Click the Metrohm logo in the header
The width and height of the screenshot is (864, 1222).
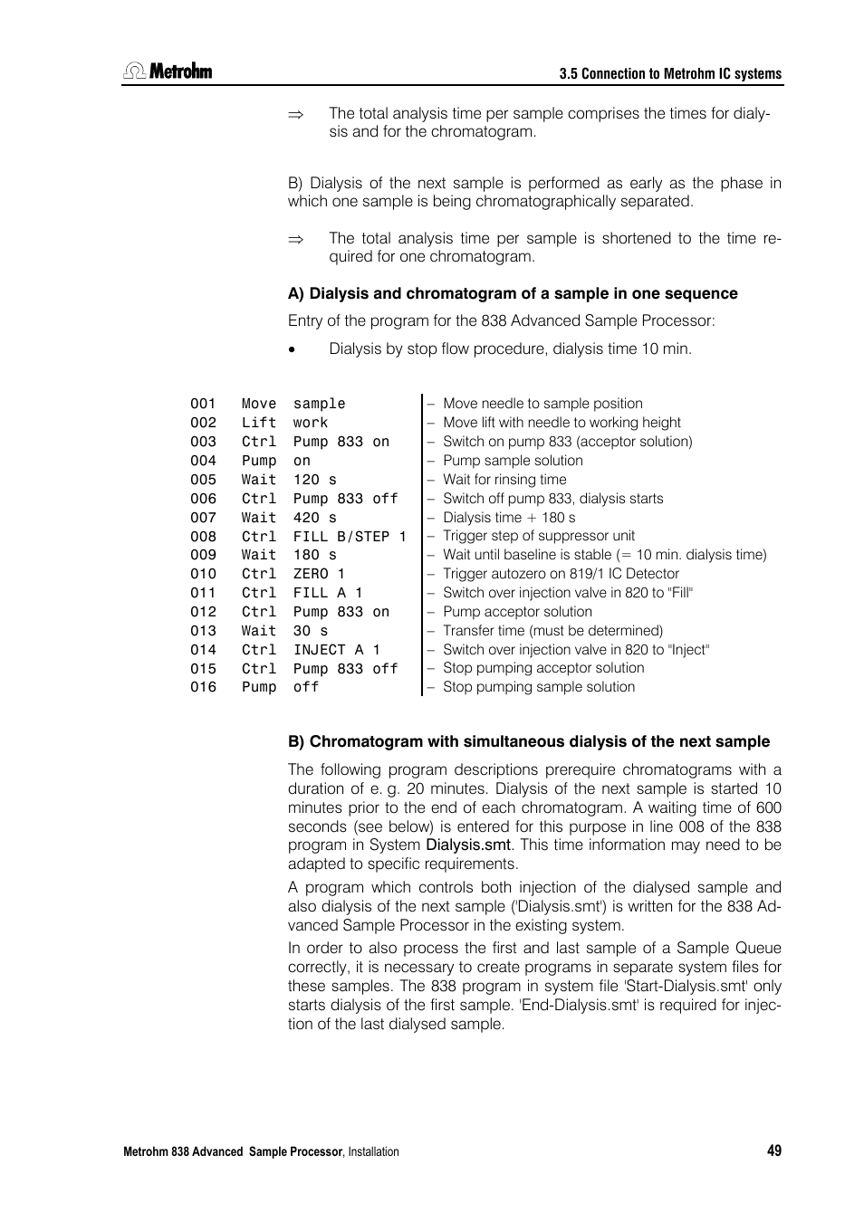(168, 72)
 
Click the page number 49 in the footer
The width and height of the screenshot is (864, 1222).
(773, 1150)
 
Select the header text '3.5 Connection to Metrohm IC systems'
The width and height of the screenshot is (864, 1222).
(669, 74)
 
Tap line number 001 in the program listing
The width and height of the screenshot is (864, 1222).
(203, 404)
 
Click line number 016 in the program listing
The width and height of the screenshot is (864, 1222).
(203, 687)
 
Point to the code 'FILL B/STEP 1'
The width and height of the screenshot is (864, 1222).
(350, 537)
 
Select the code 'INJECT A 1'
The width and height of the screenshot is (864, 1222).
(336, 650)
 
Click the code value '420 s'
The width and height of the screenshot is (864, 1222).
(314, 518)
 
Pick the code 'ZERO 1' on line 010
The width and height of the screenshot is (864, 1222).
(319, 574)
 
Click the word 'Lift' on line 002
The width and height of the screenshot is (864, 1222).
(258, 423)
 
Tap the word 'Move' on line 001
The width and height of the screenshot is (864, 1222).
(258, 404)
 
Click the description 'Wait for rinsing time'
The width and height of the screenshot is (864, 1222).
(504, 480)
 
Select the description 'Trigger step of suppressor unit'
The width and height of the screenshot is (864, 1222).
(539, 536)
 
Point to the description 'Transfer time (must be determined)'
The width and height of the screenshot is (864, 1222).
(552, 631)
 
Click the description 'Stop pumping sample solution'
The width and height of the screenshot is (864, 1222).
(539, 687)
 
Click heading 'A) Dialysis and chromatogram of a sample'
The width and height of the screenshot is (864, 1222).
(513, 293)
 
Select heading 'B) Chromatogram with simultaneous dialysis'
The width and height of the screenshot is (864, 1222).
(529, 741)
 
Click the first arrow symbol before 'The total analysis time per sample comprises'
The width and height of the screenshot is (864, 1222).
(295, 115)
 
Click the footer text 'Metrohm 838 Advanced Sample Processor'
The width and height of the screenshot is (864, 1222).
(233, 1151)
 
